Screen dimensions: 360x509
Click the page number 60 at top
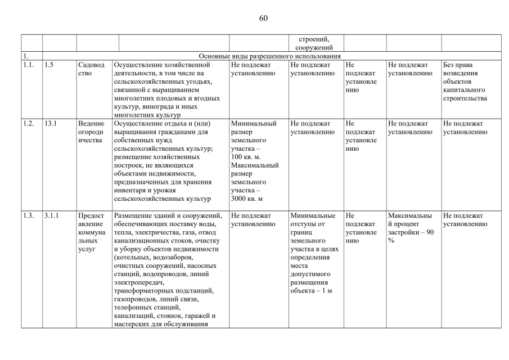(x=263, y=18)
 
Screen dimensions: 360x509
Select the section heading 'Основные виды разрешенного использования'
(x=270, y=56)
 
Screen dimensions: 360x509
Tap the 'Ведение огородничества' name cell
(x=91, y=132)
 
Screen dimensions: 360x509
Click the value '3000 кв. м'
(x=247, y=199)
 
